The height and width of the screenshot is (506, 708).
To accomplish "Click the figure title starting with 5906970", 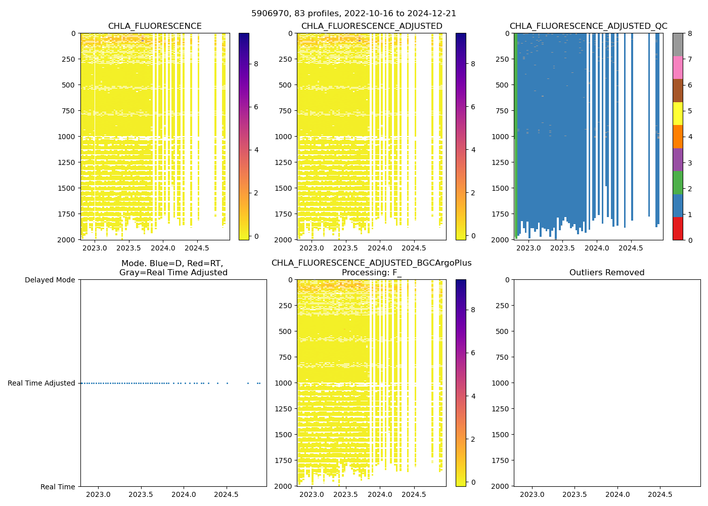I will [x=353, y=14].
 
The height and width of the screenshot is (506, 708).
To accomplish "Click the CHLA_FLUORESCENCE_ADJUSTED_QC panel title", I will [x=588, y=26].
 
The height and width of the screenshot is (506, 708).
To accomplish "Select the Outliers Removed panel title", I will [x=607, y=273].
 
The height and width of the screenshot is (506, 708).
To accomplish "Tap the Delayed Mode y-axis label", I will [x=50, y=280].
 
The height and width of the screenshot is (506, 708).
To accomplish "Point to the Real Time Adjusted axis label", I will [x=41, y=383].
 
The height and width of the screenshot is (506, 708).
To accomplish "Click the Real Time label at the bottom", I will [x=58, y=487].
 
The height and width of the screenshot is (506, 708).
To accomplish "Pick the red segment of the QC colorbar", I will [x=678, y=228].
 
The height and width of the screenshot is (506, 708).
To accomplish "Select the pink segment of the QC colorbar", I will [x=678, y=67].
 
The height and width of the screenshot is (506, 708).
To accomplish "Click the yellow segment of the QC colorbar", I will [x=678, y=113].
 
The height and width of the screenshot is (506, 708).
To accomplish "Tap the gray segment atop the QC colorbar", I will [x=678, y=45].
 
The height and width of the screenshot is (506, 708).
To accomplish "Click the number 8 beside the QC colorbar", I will [x=689, y=33].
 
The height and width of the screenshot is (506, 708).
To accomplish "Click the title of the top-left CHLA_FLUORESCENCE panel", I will [x=155, y=26].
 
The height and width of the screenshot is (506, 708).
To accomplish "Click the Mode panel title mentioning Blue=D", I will [x=173, y=268].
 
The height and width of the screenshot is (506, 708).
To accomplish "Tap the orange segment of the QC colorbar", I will [x=678, y=137].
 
